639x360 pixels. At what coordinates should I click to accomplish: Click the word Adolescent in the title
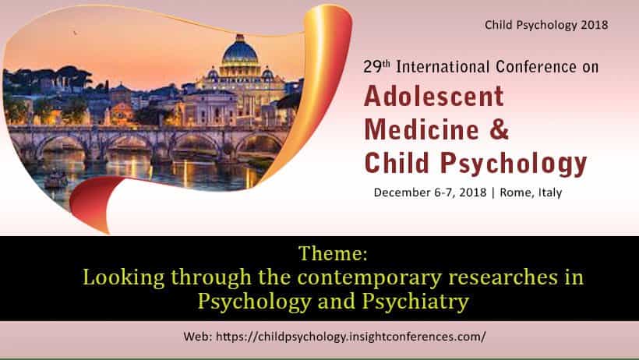coord(434,96)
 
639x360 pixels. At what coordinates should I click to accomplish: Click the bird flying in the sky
coord(76,33)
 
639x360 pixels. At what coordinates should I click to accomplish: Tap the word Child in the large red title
coord(394,162)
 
